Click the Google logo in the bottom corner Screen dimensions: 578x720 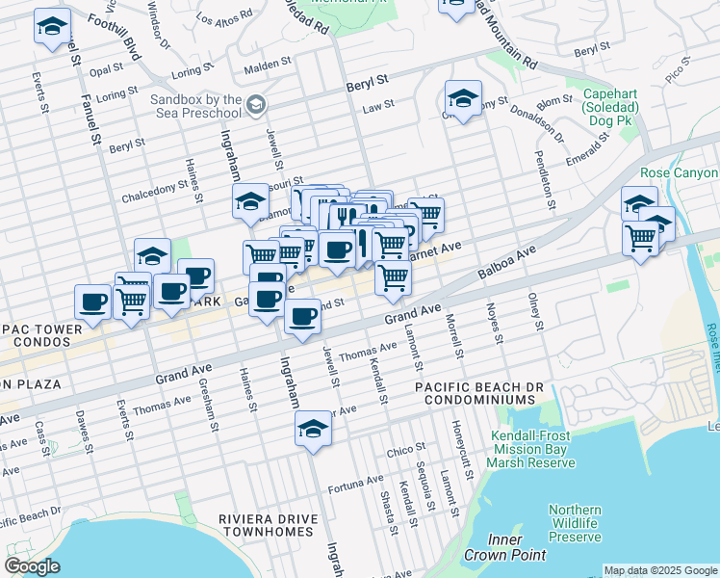32,566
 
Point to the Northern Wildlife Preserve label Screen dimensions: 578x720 575,523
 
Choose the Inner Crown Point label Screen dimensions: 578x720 504,547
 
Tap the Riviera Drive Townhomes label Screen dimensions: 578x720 268,527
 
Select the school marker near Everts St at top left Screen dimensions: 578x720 52,26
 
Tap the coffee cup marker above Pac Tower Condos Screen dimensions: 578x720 93,301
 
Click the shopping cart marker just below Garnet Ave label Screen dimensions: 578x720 393,277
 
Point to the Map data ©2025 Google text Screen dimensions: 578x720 659,570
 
